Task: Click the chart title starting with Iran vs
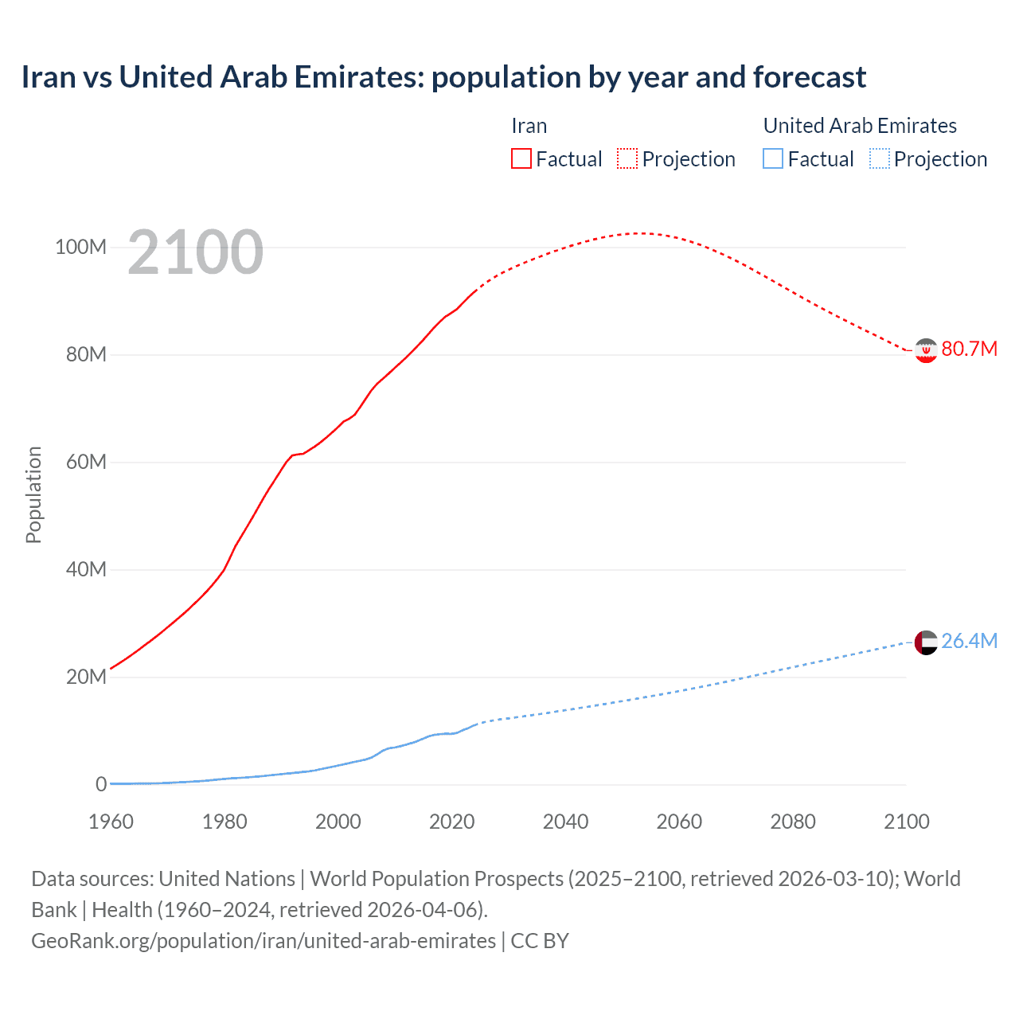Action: [443, 77]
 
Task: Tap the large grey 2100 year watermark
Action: [195, 252]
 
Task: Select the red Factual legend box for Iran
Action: [521, 158]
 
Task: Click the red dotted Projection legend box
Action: [627, 158]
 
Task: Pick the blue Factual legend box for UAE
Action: [773, 158]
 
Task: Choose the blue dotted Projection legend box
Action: [879, 158]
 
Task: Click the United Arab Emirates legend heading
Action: [860, 126]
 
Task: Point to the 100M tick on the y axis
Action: [80, 247]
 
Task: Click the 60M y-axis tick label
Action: [86, 462]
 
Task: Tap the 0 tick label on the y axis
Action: [101, 784]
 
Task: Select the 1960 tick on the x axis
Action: [111, 822]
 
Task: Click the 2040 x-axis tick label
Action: [565, 822]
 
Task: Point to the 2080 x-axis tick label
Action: [793, 822]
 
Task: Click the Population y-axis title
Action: [33, 494]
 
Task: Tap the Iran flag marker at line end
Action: [926, 350]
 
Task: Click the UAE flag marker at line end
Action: [926, 642]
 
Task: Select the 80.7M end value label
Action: [969, 349]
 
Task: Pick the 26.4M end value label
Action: [969, 641]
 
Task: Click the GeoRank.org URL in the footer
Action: [264, 941]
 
